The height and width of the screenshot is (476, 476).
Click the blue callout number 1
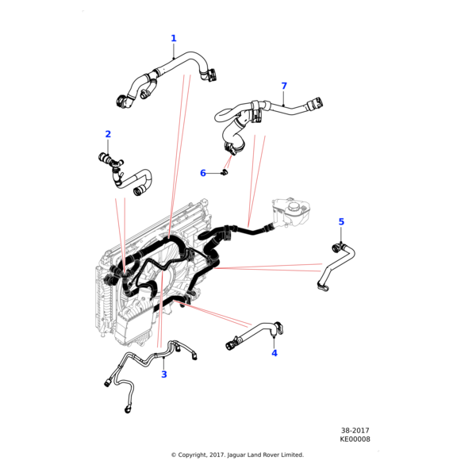pyautogui.click(x=174, y=38)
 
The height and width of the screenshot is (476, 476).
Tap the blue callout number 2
pyautogui.click(x=108, y=134)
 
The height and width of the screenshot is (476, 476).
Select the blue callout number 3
pyautogui.click(x=164, y=374)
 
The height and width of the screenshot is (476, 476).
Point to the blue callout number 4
pyautogui.click(x=274, y=353)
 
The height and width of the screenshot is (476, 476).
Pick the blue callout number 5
pyautogui.click(x=342, y=221)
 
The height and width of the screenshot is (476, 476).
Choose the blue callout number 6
pyautogui.click(x=203, y=173)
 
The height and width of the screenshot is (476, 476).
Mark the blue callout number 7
pyautogui.click(x=284, y=86)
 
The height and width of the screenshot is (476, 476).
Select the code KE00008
pyautogui.click(x=355, y=439)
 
